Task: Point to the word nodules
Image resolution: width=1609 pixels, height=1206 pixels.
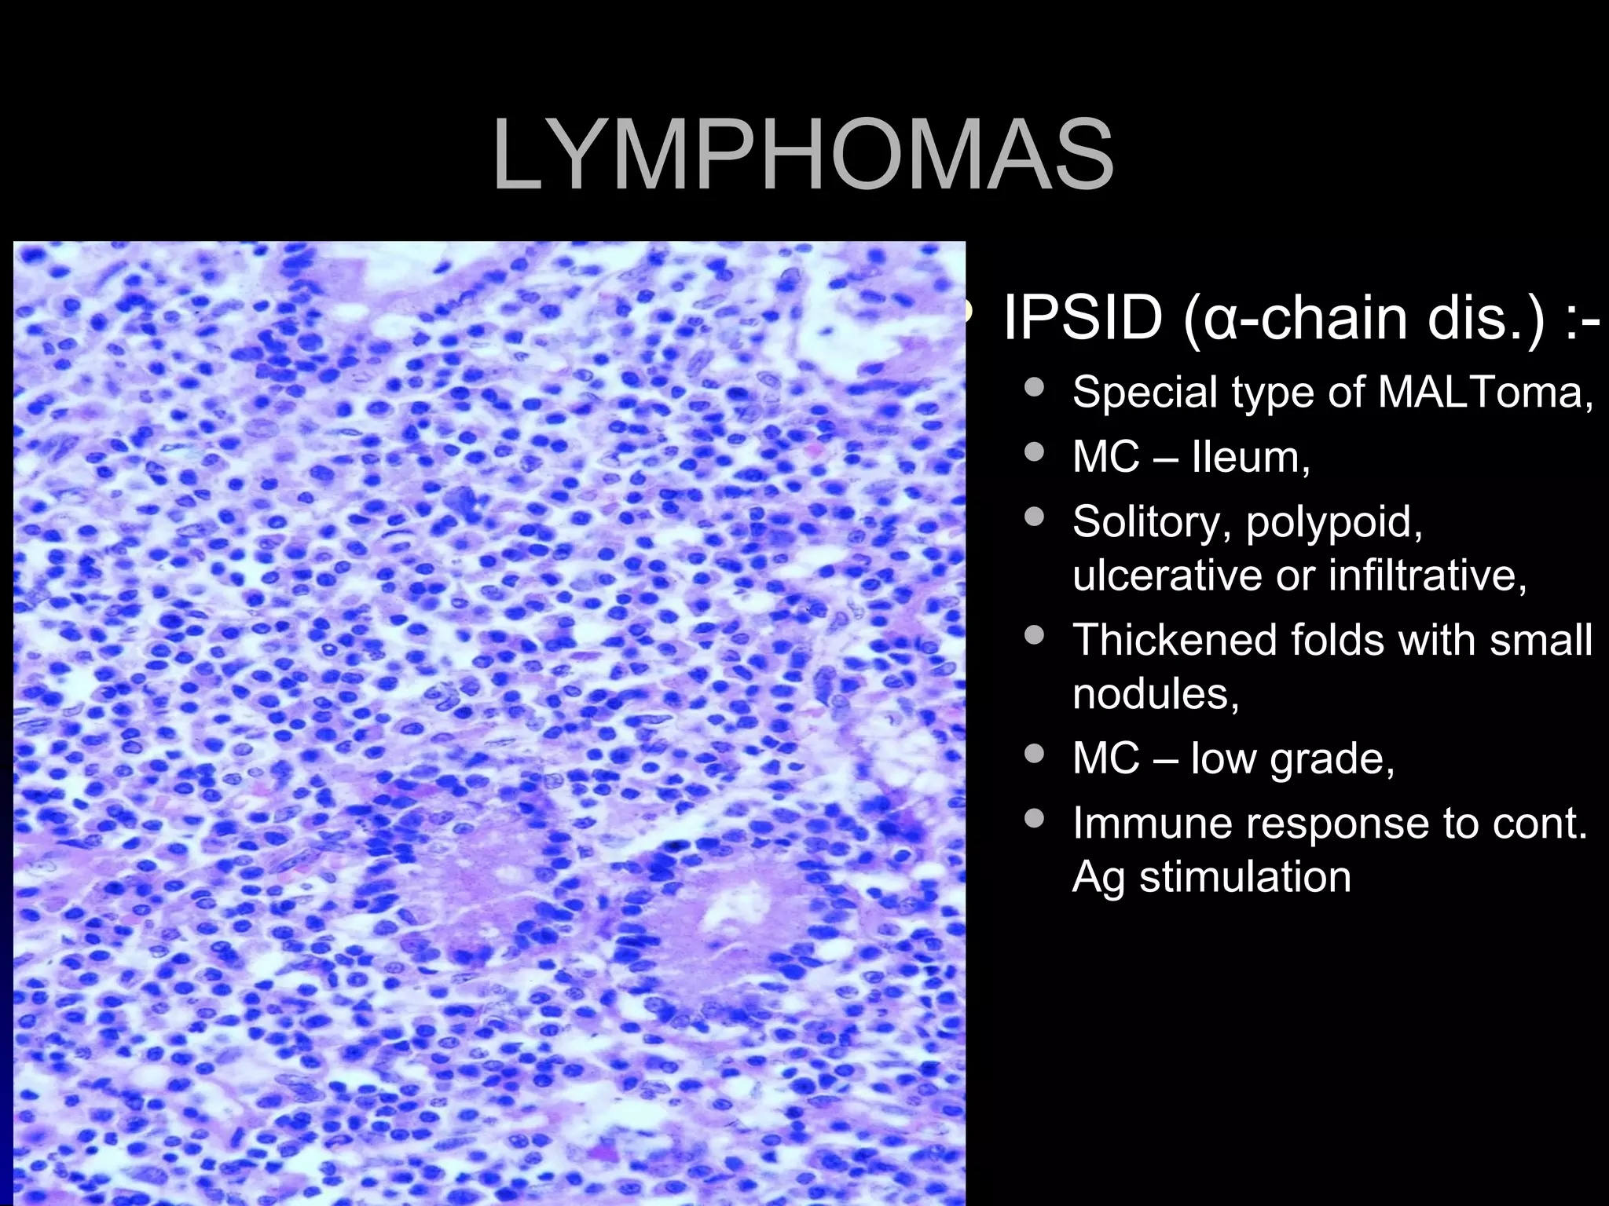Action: [x=1155, y=693]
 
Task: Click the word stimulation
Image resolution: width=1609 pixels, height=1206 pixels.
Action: [x=1245, y=876]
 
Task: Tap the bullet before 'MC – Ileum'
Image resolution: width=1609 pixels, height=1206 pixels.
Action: [x=1035, y=451]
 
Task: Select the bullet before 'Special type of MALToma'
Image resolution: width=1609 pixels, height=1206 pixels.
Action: [x=1035, y=386]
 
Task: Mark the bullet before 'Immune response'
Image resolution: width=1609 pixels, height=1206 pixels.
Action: [x=1035, y=818]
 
